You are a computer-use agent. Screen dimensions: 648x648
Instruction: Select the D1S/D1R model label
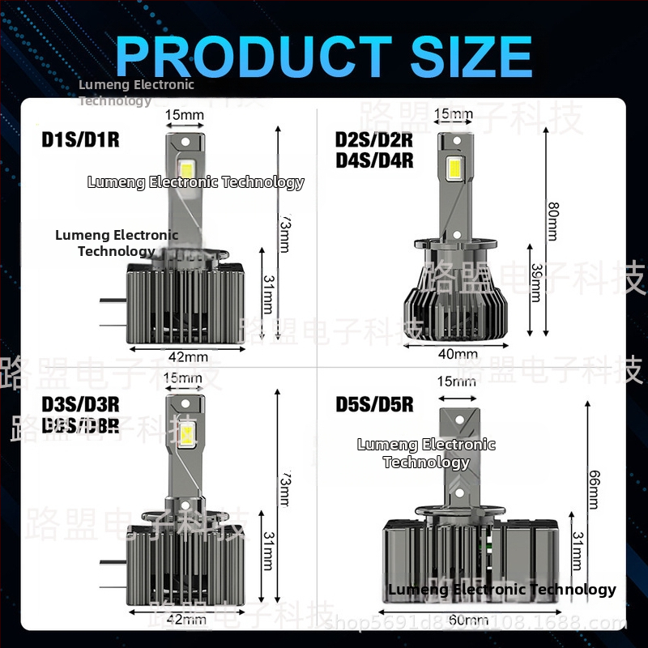pos(80,140)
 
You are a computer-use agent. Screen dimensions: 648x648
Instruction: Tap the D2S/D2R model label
pos(373,139)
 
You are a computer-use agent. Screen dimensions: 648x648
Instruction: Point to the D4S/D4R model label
pos(373,160)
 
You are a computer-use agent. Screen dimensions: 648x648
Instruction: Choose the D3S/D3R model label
pos(80,403)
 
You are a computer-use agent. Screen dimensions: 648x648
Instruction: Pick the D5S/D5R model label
pos(374,403)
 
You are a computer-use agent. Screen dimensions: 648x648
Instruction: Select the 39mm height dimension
pos(534,282)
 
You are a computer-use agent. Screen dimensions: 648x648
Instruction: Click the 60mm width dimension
pos(469,620)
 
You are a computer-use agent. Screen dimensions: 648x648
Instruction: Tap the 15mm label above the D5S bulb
pos(456,382)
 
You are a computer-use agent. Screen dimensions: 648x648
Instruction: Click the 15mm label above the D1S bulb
pos(185,115)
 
